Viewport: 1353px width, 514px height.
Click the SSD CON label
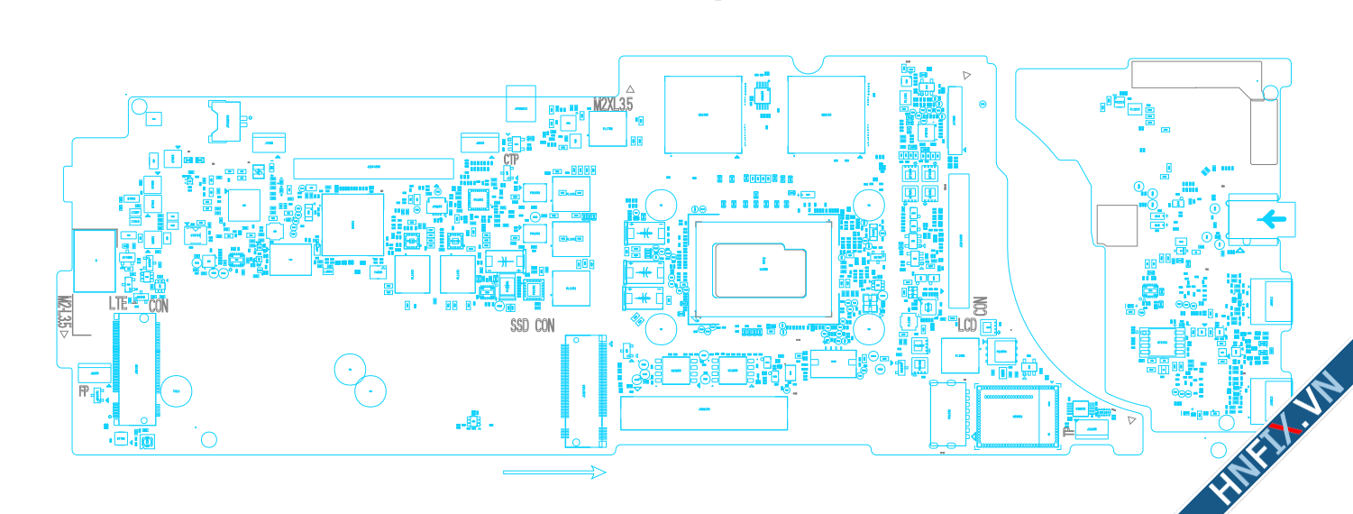pyautogui.click(x=533, y=326)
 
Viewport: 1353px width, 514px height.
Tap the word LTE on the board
pyautogui.click(x=118, y=304)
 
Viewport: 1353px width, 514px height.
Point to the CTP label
pyautogui.click(x=511, y=160)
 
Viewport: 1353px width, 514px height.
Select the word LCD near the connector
pyautogui.click(x=967, y=325)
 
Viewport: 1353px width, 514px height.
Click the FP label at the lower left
pyautogui.click(x=84, y=391)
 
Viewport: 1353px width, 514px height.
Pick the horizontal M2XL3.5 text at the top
pyautogui.click(x=612, y=105)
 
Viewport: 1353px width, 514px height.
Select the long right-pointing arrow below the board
pyautogui.click(x=553, y=472)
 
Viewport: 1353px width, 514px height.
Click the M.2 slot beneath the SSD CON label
pyautogui.click(x=585, y=391)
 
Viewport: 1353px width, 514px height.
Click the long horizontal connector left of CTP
pyautogui.click(x=374, y=167)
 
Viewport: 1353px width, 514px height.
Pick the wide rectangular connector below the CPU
pyautogui.click(x=704, y=413)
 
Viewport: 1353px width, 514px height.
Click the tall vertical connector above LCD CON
pyautogui.click(x=956, y=241)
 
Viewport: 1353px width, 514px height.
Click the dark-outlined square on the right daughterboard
pyautogui.click(x=1117, y=225)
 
